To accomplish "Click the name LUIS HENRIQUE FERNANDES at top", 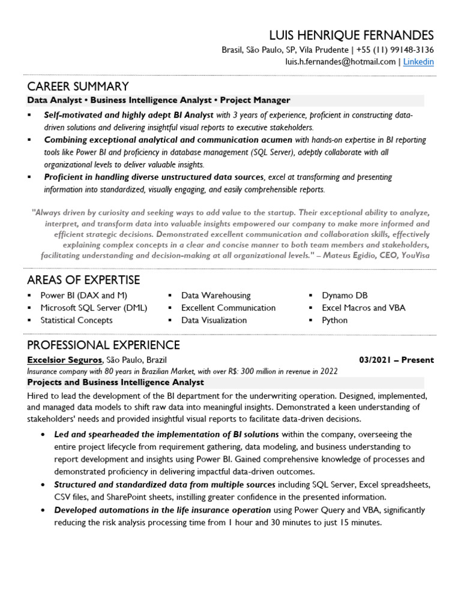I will pos(351,35).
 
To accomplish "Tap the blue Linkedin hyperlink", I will pos(418,62).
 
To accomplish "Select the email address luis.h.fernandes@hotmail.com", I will pos(340,62).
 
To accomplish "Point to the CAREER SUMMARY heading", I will pos(78,86).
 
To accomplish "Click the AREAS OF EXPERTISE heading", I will pos(83,280).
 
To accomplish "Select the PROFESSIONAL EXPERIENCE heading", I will pos(103,345).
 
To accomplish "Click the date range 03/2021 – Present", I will pos(396,360).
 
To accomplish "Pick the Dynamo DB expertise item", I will pos(345,296).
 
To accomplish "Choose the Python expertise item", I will pos(334,320).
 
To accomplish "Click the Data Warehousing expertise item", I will pos(216,296).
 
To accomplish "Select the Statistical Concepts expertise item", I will pos(76,320).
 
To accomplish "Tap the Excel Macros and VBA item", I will pos(363,308).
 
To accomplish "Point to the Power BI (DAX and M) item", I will pos(83,296).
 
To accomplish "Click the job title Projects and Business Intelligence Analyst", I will pos(116,382).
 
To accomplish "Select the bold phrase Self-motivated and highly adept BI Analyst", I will pos(128,115).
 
